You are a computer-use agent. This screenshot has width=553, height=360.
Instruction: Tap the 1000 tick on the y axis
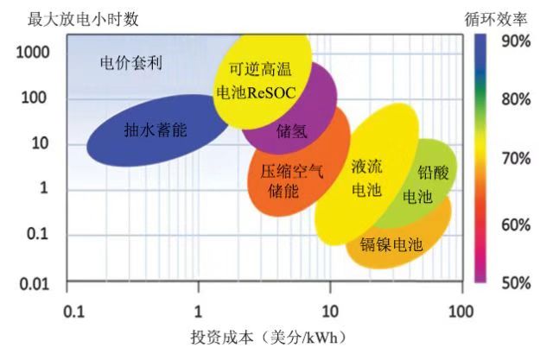click(35, 51)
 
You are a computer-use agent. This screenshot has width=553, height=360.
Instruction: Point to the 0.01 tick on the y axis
click(35, 283)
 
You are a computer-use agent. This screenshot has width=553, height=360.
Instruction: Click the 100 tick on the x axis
click(462, 309)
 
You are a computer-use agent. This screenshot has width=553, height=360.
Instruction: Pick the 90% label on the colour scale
click(514, 40)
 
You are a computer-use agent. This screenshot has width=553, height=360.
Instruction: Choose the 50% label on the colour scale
click(514, 281)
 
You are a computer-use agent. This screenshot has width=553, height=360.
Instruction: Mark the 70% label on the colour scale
click(514, 160)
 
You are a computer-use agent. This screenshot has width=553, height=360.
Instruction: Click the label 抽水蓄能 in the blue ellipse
click(156, 130)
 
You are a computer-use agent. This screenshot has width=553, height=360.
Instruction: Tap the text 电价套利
click(132, 63)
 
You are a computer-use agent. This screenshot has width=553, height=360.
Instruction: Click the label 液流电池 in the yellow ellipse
click(366, 178)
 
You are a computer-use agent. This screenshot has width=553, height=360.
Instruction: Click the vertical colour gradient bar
click(481, 160)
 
